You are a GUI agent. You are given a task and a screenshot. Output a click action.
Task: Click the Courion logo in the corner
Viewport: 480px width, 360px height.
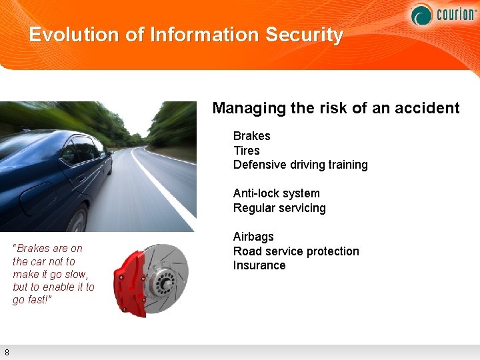point(443,13)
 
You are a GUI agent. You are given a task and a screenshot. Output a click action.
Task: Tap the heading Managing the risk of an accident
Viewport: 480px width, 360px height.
point(335,108)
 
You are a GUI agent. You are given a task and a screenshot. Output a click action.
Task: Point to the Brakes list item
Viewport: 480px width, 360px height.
point(251,136)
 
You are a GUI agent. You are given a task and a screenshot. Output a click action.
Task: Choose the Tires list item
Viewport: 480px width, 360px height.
point(246,151)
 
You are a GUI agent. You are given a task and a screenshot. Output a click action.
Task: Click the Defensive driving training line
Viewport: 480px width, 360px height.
point(300,165)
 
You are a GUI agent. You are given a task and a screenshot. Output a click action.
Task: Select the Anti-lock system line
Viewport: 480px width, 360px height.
point(276,193)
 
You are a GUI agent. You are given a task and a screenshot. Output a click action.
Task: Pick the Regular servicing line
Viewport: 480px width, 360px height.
point(279,208)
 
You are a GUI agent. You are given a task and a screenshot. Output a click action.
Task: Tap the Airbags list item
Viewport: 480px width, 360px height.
point(253,237)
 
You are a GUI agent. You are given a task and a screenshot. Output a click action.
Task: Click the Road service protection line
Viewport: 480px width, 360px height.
point(296,251)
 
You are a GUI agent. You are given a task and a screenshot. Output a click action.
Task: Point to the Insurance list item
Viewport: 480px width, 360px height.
point(259,265)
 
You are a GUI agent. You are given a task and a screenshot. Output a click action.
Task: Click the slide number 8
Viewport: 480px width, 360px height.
point(6,352)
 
